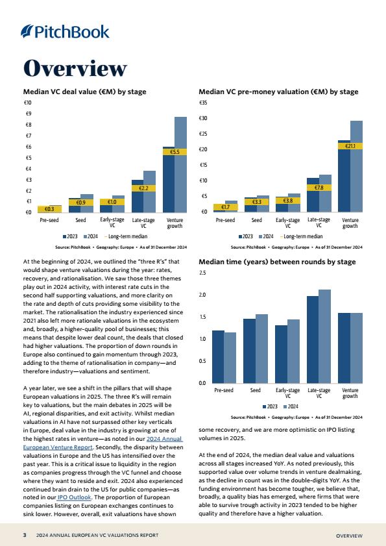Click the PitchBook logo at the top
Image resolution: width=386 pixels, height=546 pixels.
[65, 32]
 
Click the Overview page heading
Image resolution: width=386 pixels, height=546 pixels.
[75, 68]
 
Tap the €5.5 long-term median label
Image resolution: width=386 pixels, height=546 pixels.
[175, 152]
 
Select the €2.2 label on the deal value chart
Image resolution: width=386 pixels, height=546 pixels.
[143, 188]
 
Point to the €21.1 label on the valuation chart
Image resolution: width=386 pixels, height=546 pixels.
[350, 146]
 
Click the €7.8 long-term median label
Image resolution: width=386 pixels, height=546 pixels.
[319, 188]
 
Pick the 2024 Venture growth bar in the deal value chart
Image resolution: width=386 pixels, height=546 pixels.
[180, 165]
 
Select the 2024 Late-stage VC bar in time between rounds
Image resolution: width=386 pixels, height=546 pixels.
[325, 336]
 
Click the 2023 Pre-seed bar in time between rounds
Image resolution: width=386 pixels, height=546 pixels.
[218, 357]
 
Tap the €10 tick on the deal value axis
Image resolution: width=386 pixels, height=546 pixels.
[27, 103]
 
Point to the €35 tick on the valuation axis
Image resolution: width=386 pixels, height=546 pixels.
[203, 103]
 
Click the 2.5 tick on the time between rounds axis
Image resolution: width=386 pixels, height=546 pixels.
[202, 273]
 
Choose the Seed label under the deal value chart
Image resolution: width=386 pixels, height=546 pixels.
[80, 220]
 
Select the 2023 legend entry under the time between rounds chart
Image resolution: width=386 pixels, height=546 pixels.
[270, 406]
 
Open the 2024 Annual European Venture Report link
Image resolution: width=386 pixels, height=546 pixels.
[103, 443]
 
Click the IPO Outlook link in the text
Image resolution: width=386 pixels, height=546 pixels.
[74, 497]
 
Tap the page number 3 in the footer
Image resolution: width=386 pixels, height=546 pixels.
[25, 535]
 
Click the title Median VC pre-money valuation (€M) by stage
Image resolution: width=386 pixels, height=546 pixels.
[278, 92]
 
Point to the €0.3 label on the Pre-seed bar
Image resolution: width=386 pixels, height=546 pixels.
[49, 209]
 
